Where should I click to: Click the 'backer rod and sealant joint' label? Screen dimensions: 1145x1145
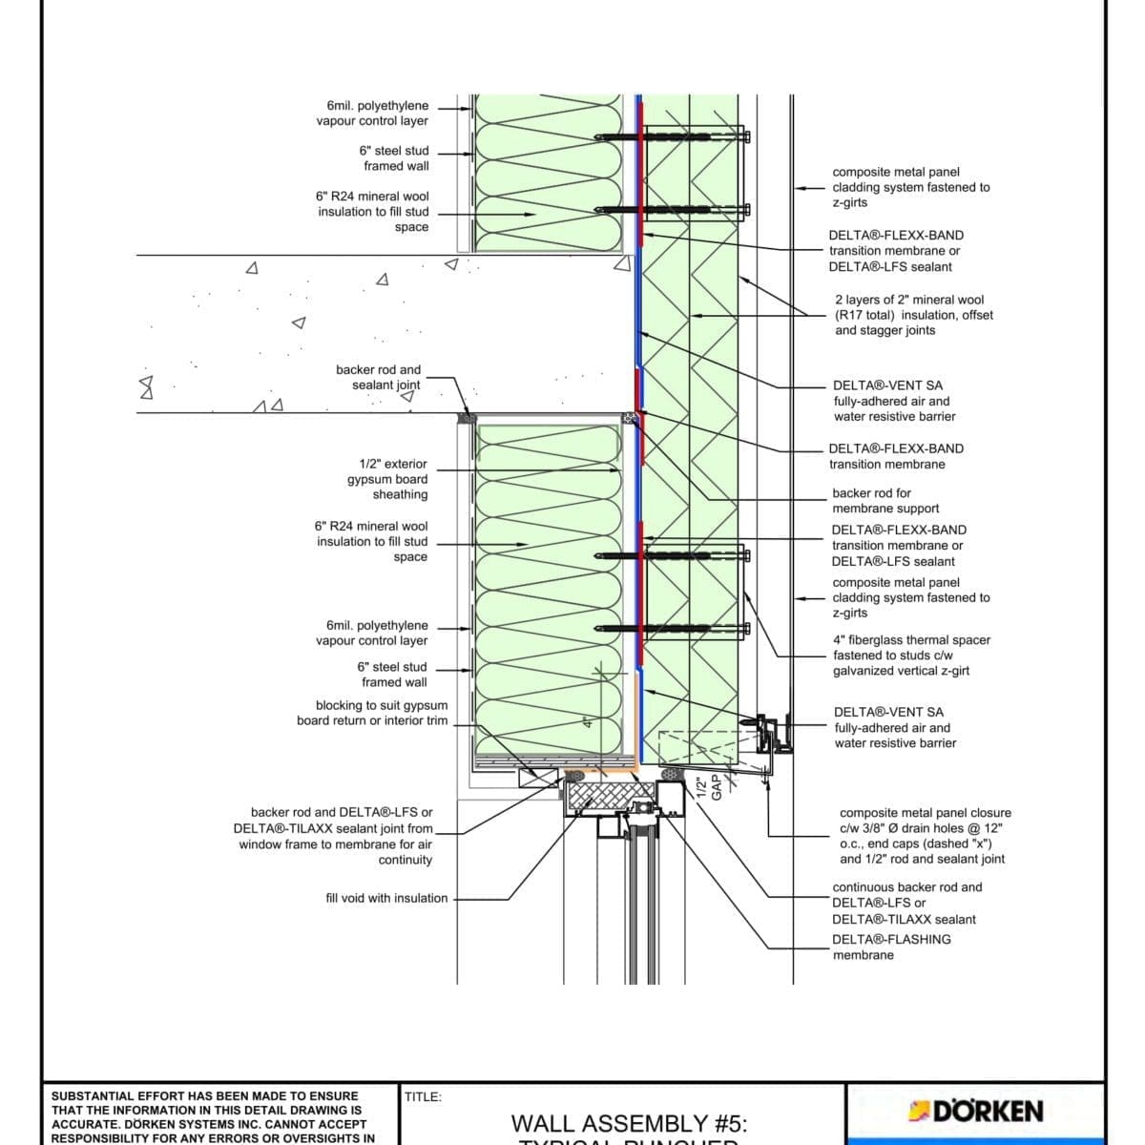[378, 377]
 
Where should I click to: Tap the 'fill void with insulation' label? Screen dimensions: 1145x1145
[386, 898]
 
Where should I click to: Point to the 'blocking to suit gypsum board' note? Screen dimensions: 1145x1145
[372, 713]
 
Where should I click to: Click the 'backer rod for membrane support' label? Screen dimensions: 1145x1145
[885, 501]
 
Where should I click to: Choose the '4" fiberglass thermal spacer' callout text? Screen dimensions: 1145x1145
[911, 640]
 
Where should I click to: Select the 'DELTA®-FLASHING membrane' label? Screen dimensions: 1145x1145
[890, 947]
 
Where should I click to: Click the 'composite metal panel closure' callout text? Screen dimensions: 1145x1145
[925, 813]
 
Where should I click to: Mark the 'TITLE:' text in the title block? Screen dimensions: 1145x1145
[423, 1097]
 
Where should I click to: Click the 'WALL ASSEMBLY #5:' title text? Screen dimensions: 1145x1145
[629, 1124]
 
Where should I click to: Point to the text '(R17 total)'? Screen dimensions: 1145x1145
[871, 315]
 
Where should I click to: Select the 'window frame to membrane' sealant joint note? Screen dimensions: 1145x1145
[335, 844]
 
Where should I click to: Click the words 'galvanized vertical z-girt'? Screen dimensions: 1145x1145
[901, 671]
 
